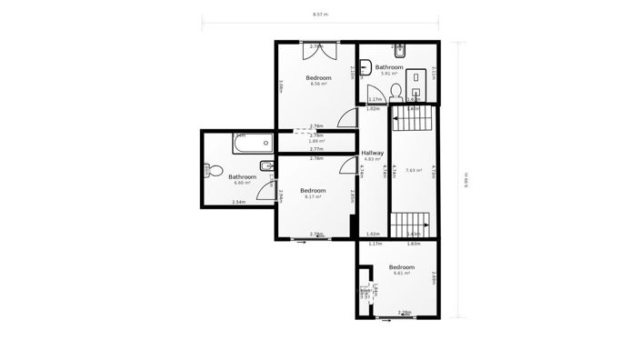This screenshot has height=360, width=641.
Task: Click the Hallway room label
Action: (x=373, y=153)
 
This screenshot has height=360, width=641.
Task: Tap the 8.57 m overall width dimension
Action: (x=320, y=15)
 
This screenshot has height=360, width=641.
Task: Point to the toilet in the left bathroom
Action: (x=208, y=169)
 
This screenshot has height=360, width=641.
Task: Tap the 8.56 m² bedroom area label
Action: (x=318, y=85)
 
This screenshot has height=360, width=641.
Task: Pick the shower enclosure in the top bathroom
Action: (x=419, y=82)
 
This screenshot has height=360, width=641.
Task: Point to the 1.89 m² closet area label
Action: (x=316, y=141)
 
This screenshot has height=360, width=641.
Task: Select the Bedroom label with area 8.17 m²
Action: (x=314, y=191)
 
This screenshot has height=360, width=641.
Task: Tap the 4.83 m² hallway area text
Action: (x=373, y=160)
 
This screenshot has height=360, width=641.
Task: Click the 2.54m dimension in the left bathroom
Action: (x=239, y=202)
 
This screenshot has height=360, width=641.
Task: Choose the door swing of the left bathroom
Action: (x=265, y=189)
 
